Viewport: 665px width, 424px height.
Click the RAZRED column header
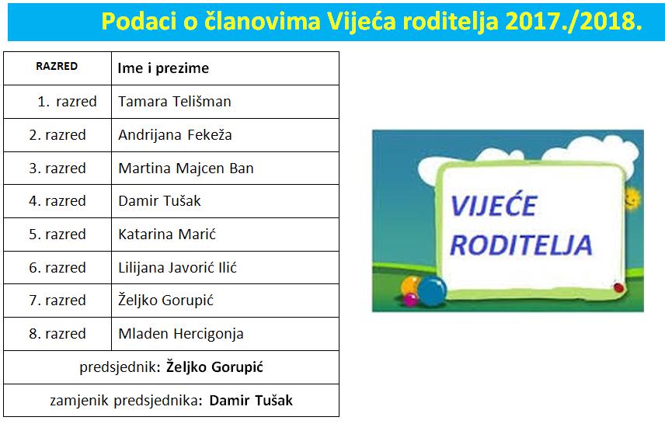[x=57, y=66]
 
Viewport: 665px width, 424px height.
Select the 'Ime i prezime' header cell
[x=163, y=68]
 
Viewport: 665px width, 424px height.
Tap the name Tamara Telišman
[x=175, y=102]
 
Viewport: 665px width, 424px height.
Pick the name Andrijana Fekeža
[x=175, y=135]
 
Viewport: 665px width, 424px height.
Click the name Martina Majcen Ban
[x=186, y=169]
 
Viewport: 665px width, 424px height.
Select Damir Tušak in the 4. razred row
[x=159, y=201]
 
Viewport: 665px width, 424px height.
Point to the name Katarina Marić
[x=167, y=234]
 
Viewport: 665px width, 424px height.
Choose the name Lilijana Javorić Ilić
[x=178, y=268]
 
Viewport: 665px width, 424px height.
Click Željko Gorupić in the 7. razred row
[x=165, y=301]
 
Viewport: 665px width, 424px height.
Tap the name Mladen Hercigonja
[x=181, y=334]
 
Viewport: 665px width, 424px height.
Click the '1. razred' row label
[x=67, y=102]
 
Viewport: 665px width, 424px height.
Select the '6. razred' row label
[x=57, y=268]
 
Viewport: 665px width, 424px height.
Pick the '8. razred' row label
[x=57, y=334]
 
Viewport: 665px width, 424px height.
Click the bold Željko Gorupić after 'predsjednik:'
[x=214, y=367]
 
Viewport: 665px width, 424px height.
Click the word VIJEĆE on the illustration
[x=493, y=205]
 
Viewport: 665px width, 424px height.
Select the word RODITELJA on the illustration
[x=521, y=245]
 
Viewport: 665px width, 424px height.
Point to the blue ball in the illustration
[x=432, y=291]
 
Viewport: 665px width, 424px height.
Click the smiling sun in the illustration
[x=632, y=199]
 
